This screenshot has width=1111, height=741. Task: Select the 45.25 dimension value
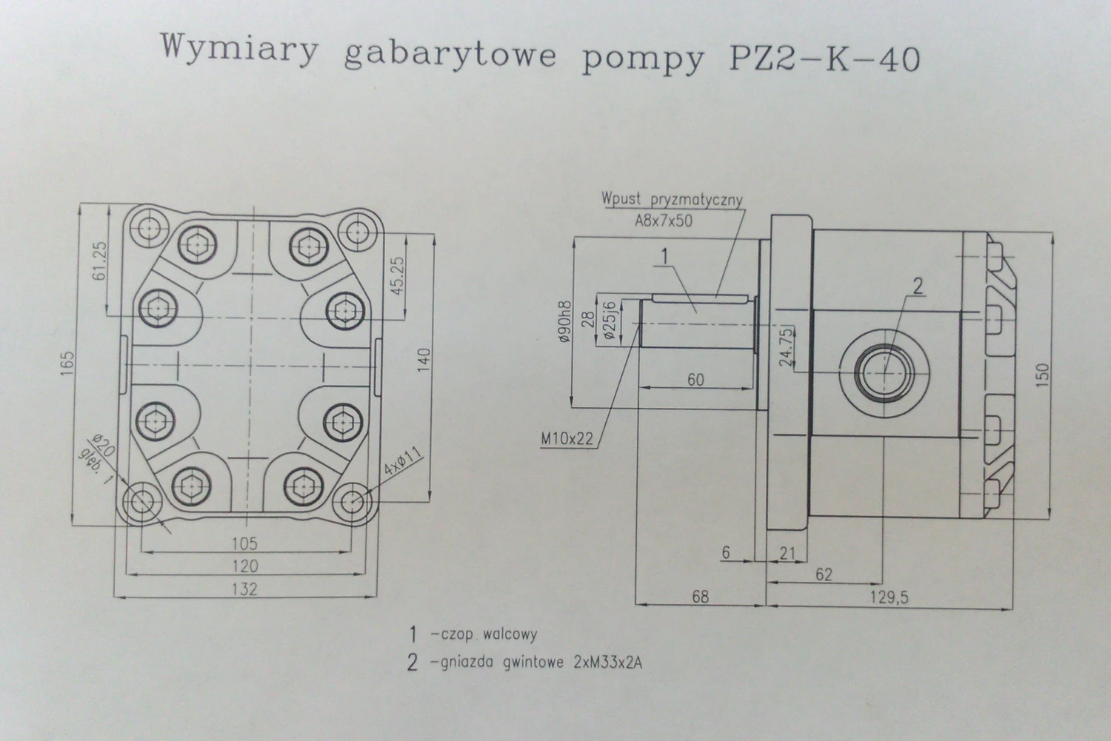(x=398, y=276)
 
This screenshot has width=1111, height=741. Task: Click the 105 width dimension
(x=244, y=543)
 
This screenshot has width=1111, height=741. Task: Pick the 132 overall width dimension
(x=244, y=589)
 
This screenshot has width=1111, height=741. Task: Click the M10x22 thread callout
(x=567, y=439)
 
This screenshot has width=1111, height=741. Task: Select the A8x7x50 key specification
(x=664, y=221)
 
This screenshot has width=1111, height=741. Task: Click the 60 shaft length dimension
(x=695, y=380)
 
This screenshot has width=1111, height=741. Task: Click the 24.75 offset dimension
(x=787, y=345)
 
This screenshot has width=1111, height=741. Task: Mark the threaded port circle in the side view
(x=885, y=374)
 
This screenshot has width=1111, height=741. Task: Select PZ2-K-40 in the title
(x=825, y=57)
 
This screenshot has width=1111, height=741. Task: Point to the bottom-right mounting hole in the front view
(x=353, y=501)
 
